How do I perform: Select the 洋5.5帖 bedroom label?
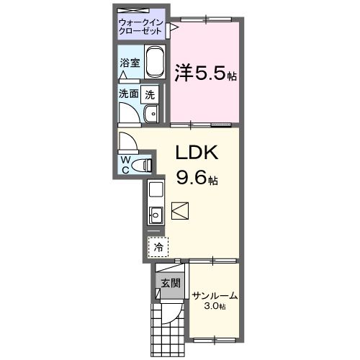click(205, 73)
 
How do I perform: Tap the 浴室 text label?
click(130, 63)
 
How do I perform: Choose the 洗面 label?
click(129, 93)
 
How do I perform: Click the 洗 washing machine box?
click(149, 93)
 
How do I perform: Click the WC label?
click(125, 163)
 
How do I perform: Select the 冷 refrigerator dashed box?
click(157, 246)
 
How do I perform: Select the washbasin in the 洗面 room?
click(150, 114)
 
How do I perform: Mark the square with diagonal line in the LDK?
click(180, 211)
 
